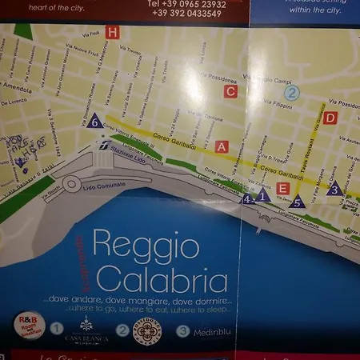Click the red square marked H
pyautogui.click(x=112, y=33)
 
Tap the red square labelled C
pyautogui.click(x=230, y=91)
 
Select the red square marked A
pyautogui.click(x=222, y=146)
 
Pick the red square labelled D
pyautogui.click(x=330, y=118)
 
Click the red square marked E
pyautogui.click(x=282, y=189)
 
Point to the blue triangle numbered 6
pyautogui.click(x=94, y=122)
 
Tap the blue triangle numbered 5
pyautogui.click(x=297, y=202)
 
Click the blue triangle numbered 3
pyautogui.click(x=334, y=189)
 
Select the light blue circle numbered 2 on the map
pyautogui.click(x=292, y=92)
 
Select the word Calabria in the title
pyautogui.click(x=166, y=281)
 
